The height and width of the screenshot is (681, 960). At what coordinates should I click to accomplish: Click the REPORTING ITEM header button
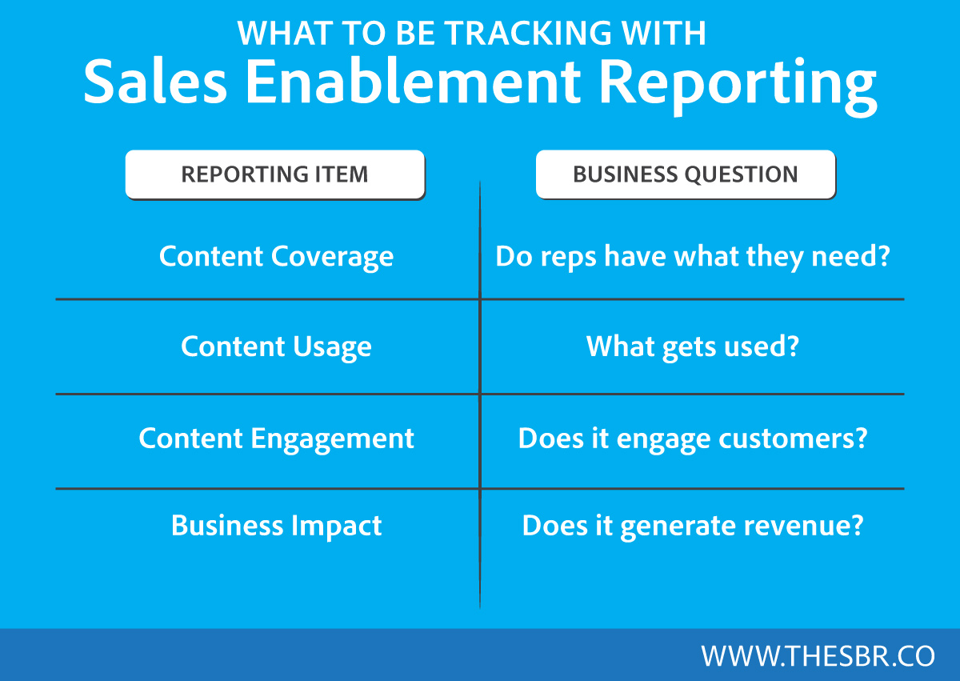click(275, 174)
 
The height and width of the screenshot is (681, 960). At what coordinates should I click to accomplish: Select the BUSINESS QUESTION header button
click(686, 174)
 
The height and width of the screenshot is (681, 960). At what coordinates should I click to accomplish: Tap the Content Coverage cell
click(277, 257)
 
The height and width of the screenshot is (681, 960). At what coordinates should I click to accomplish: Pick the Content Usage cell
click(277, 347)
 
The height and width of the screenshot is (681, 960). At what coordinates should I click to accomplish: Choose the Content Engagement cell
click(277, 439)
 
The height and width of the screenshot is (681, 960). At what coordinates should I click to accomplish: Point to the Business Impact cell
click(277, 526)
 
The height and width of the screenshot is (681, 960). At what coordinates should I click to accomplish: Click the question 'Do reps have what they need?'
click(693, 257)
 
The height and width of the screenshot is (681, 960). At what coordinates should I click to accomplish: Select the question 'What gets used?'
click(693, 347)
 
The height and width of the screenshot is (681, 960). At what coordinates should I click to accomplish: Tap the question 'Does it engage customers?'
click(693, 439)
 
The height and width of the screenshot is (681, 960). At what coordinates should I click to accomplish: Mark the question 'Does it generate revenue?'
click(693, 527)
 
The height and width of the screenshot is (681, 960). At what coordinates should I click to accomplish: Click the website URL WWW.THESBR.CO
click(818, 655)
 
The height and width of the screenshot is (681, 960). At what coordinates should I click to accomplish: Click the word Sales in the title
click(155, 82)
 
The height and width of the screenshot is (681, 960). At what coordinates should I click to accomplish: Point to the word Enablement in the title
click(413, 82)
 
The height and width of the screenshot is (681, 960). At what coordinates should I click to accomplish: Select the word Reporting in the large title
click(738, 86)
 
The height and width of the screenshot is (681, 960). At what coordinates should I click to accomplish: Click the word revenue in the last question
click(803, 527)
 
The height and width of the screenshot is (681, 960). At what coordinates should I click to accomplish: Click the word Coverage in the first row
click(332, 257)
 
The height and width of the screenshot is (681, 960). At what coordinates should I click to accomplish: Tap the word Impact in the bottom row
click(337, 527)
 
